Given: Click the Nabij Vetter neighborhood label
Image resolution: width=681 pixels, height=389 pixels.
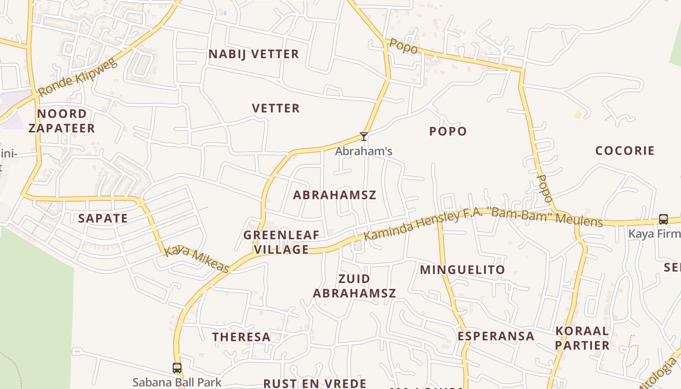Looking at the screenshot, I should point(253,54).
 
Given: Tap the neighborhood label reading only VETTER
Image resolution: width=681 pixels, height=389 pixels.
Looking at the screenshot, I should point(276,108).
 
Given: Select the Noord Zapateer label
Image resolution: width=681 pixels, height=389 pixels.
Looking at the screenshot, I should point(62,121).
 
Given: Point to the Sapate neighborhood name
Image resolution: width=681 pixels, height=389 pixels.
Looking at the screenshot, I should point(103,218).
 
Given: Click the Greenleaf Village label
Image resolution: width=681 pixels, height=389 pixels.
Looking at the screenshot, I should point(281,242).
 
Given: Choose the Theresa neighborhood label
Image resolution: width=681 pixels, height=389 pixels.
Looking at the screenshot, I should point(241,337).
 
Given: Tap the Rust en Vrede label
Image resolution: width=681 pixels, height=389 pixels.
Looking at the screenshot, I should point(315,383).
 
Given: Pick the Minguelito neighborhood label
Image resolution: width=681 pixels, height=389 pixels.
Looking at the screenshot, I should point(463,269).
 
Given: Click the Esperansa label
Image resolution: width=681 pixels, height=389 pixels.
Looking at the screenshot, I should point(496,336).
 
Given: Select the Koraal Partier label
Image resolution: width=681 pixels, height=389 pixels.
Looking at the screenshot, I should point(582,338).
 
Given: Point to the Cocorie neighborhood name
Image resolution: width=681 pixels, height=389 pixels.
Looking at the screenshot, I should point(625,150).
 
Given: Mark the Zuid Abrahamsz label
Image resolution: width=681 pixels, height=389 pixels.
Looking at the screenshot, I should point(354,286).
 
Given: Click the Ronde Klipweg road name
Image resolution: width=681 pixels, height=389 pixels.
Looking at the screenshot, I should point(78,78).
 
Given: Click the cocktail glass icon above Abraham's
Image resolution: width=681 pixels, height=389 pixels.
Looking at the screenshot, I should point(363,137).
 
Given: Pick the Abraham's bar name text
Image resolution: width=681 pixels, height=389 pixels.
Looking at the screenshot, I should point(363,151).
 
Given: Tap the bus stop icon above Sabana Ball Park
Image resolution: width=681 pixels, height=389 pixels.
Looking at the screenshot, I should point(177,368).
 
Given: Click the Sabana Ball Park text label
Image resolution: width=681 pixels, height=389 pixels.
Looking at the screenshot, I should point(177,383).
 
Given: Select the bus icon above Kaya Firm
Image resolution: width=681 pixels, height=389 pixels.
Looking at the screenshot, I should point(663,219).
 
